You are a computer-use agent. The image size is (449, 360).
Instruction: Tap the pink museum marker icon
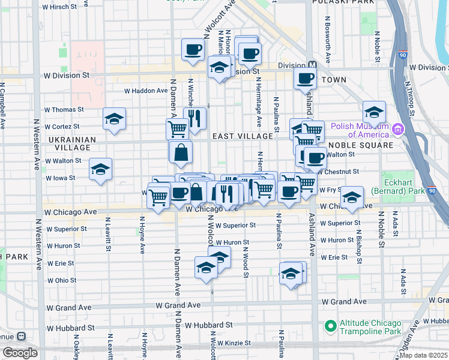click(x=397, y=130)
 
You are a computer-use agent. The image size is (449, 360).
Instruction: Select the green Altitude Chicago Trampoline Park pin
click(x=330, y=326)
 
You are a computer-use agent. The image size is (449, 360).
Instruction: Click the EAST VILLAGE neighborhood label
click(x=243, y=136)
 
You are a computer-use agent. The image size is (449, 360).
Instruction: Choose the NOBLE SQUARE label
click(x=360, y=145)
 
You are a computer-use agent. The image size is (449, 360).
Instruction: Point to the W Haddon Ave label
click(x=145, y=91)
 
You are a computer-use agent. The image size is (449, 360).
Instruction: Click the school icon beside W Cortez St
click(x=113, y=119)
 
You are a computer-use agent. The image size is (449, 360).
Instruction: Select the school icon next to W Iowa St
click(x=100, y=169)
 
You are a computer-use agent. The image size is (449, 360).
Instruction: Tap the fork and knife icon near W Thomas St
click(x=194, y=119)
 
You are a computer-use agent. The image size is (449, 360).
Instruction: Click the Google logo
click(x=20, y=352)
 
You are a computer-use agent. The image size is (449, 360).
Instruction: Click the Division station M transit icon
click(x=312, y=65)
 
